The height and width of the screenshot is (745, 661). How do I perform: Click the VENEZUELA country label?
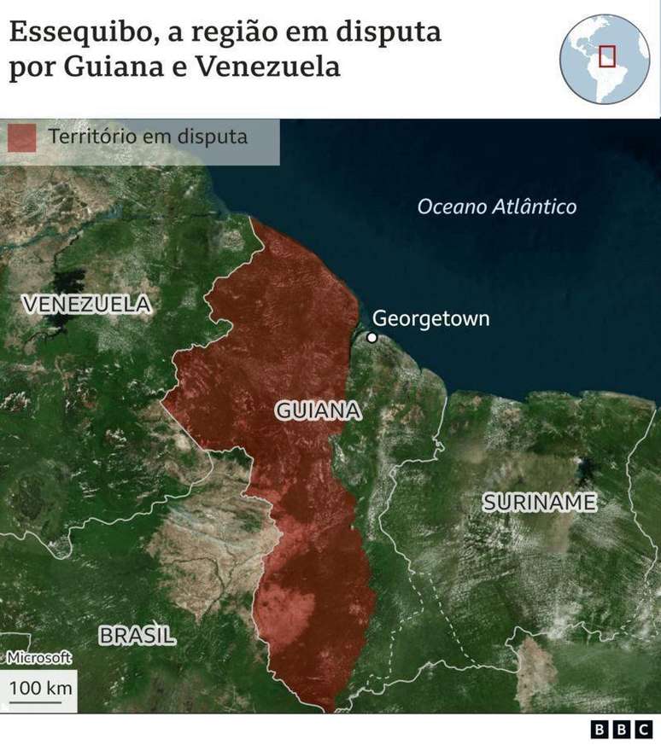(x=86, y=304)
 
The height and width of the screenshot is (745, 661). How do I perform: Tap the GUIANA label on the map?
(x=318, y=410)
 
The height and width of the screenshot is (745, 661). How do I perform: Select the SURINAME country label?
(x=539, y=502)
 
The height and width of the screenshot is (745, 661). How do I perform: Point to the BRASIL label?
(x=137, y=635)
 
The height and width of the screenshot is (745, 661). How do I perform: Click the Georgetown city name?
(x=431, y=318)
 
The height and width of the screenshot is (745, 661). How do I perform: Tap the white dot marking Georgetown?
(x=371, y=337)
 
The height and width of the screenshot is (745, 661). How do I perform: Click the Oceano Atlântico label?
(x=496, y=207)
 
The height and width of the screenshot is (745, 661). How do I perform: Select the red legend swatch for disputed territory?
(x=22, y=137)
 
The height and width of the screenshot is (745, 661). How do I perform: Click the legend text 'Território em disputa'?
(x=148, y=137)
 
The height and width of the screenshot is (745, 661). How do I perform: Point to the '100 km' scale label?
(x=39, y=687)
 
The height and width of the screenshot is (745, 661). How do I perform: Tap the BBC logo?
(x=622, y=730)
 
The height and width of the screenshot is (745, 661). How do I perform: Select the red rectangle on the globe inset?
(x=606, y=55)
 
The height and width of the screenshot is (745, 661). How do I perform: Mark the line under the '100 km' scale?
(x=36, y=702)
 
